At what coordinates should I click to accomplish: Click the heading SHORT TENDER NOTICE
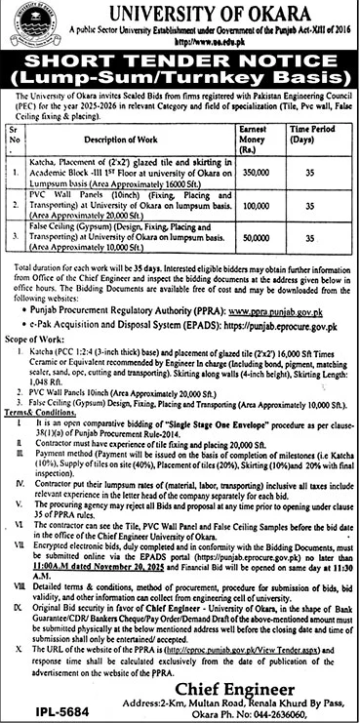click(x=180, y=63)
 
